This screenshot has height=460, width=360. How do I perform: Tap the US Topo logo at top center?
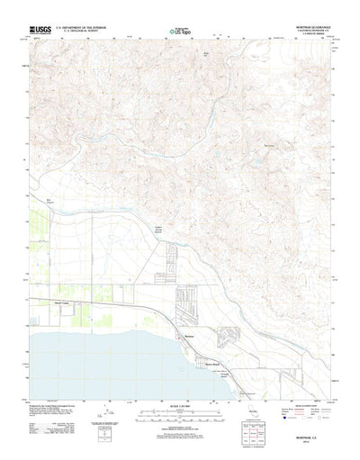[x=179, y=32]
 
